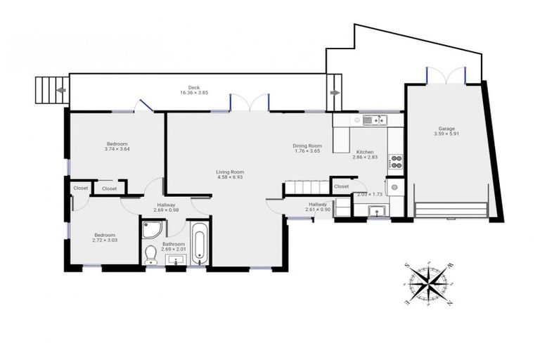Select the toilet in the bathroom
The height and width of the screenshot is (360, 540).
tap(150, 255)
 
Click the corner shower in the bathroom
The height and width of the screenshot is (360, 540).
tap(151, 230)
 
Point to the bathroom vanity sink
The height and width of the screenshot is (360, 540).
tap(174, 261)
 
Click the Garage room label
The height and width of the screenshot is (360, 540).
tap(446, 129)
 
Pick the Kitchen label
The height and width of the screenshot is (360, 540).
tap(365, 152)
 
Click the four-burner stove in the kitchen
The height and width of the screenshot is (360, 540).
tap(396, 162)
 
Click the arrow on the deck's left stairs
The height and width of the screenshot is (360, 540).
tap(61, 90)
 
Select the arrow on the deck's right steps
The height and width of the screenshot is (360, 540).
tap(335, 92)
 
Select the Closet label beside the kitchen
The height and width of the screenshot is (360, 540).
tap(341, 186)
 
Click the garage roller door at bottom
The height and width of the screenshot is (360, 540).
tap(451, 210)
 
